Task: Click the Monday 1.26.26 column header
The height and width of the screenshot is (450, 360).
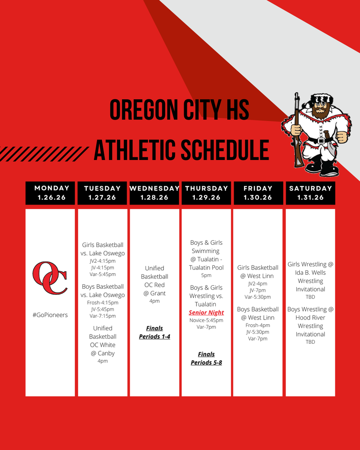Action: pos(50,193)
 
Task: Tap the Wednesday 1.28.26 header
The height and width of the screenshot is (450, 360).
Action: pos(154,193)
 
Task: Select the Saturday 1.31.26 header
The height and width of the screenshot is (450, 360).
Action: pos(310,193)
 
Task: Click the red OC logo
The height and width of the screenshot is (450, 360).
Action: pos(50,278)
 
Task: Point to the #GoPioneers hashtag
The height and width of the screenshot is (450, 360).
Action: pos(50,315)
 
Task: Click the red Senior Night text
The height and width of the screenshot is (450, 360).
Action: pos(206,312)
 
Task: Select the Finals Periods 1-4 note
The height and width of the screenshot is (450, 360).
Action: pos(154,332)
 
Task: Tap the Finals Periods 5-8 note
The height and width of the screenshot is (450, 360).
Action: pos(207,359)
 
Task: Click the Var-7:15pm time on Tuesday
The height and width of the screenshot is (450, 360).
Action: pos(102,316)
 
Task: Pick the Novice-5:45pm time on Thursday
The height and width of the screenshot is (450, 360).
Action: pos(206,320)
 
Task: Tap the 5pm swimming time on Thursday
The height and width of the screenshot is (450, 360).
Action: pos(206,276)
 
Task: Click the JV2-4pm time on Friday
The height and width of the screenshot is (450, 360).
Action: pos(258,283)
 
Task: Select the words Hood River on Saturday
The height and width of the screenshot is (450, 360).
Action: pos(310,318)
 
